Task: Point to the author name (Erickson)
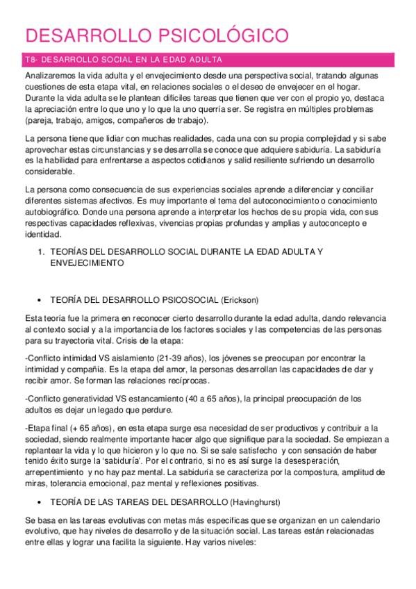[240, 300]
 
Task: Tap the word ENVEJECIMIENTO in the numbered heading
[87, 264]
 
